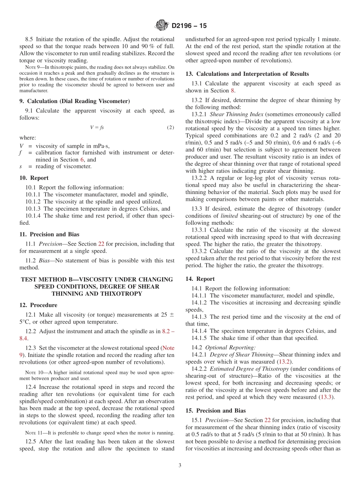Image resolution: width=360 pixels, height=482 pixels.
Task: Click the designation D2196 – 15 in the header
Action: [189, 26]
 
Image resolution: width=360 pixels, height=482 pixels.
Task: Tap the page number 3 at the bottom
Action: [180, 466]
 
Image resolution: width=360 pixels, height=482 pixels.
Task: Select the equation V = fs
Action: [97, 128]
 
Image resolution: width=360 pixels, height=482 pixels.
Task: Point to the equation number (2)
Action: [171, 128]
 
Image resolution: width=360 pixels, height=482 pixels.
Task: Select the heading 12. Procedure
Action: [38, 305]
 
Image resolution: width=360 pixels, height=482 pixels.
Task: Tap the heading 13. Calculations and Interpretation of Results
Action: [247, 74]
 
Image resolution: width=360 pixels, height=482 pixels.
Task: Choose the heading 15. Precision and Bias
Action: [215, 411]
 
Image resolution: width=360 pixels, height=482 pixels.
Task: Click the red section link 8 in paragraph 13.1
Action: [233, 91]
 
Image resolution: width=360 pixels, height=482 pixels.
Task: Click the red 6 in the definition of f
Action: [82, 160]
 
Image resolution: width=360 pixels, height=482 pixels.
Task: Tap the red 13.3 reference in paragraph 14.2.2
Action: [326, 397]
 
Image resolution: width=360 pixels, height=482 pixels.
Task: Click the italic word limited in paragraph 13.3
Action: [229, 216]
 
